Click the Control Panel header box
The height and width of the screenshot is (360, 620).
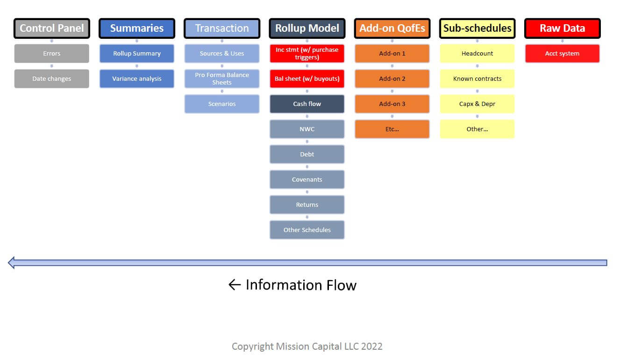[52, 28]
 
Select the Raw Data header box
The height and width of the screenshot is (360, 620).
[562, 28]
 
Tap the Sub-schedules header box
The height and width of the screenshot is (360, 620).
[477, 28]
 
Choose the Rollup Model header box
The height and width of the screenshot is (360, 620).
[307, 28]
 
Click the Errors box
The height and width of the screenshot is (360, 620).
[52, 53]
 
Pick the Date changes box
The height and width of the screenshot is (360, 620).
[52, 79]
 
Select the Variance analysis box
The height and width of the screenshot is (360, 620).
[137, 79]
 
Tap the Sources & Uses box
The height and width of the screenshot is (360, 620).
[222, 53]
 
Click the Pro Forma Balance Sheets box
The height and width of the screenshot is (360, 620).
[222, 79]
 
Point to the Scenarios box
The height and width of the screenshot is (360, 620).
[222, 104]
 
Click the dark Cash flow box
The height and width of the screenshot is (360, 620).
[307, 104]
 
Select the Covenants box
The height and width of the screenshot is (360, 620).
[307, 180]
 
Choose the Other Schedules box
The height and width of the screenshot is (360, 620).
[307, 230]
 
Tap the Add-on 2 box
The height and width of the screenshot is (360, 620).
[392, 79]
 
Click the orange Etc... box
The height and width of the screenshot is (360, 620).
[392, 129]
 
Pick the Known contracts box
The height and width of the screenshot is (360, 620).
[477, 79]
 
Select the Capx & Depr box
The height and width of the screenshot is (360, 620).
[477, 104]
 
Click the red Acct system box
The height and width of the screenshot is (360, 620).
[562, 53]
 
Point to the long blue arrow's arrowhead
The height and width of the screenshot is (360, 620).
[11, 262]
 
